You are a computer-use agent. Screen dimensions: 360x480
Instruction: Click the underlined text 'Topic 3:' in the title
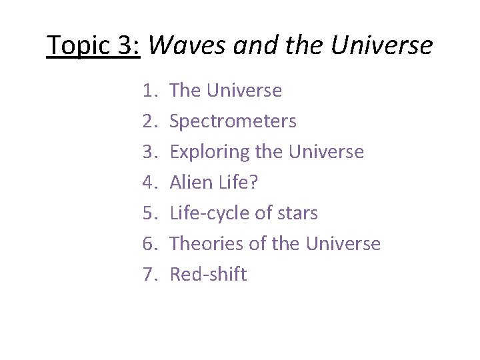tap(93, 45)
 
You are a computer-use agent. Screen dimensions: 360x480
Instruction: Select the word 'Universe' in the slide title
tap(381, 45)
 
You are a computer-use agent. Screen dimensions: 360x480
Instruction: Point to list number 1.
tap(149, 91)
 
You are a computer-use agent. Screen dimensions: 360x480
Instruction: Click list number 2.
tap(149, 121)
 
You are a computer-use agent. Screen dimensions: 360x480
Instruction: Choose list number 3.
tap(149, 152)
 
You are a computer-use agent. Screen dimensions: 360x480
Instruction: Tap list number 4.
tap(149, 183)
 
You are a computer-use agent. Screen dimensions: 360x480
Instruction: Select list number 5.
tap(149, 213)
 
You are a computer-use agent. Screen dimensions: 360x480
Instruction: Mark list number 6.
tap(149, 244)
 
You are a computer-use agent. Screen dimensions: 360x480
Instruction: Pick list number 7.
tap(149, 275)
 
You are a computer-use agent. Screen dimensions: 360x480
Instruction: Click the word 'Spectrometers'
tap(233, 121)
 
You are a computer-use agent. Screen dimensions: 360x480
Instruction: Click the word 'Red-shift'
tap(208, 275)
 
